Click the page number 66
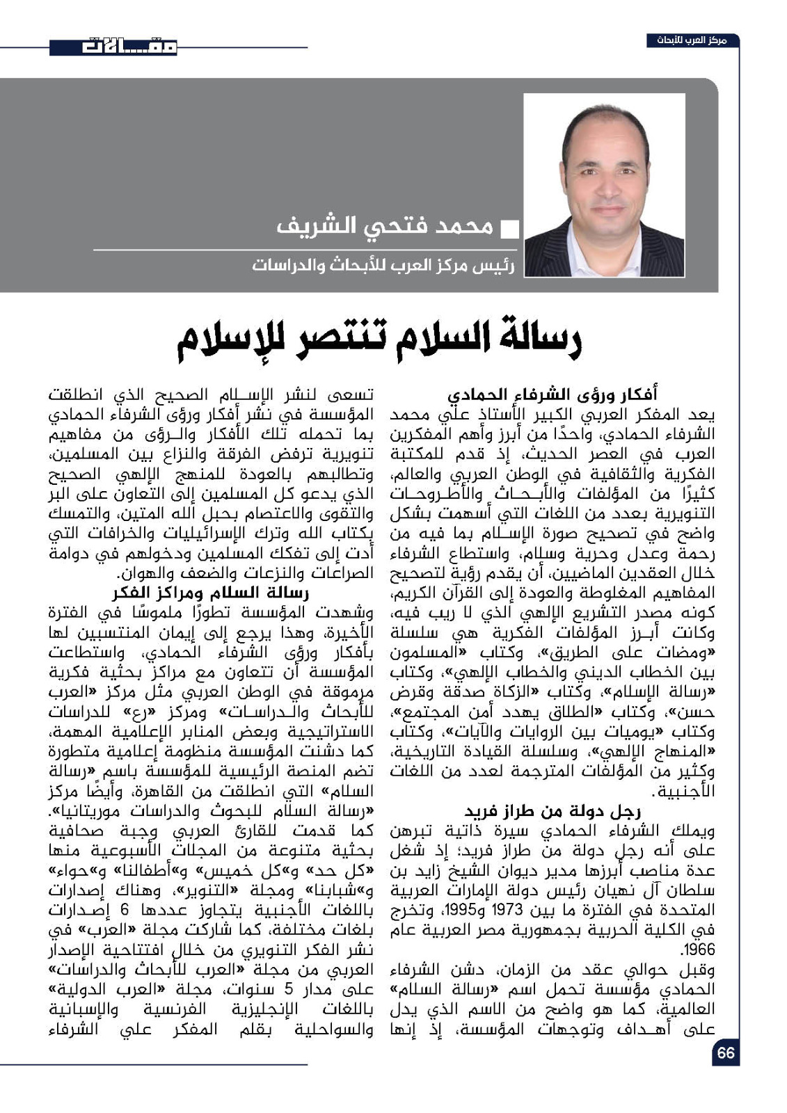(725, 1053)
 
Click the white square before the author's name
(510, 228)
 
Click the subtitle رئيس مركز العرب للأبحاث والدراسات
(383, 266)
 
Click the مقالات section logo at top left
(113, 47)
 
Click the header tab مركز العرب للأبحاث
(692, 40)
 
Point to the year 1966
(698, 950)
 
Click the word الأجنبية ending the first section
(688, 792)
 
